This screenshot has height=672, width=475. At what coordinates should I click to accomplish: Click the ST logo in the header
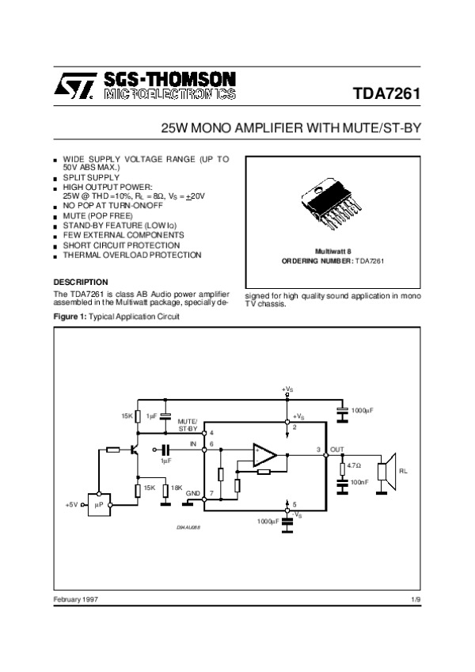coord(74,85)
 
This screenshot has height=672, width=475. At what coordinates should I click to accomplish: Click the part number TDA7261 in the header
coord(386,95)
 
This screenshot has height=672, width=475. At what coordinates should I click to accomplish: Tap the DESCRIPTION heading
coord(81,282)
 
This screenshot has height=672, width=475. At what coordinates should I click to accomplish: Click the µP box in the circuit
coord(100,503)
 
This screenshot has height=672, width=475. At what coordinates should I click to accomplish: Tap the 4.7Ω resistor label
coord(355,465)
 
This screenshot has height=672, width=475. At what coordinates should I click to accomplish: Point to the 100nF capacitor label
coord(359,481)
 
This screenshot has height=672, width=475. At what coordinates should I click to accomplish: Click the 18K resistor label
coord(177,488)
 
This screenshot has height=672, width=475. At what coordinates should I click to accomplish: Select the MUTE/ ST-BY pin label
coord(188,425)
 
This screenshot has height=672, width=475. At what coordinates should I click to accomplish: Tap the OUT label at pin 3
coord(337,450)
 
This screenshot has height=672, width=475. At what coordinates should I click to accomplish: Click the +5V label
coord(71,503)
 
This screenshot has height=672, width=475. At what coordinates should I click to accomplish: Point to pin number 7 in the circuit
coord(211,493)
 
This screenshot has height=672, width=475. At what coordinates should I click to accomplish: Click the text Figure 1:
coord(70,317)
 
